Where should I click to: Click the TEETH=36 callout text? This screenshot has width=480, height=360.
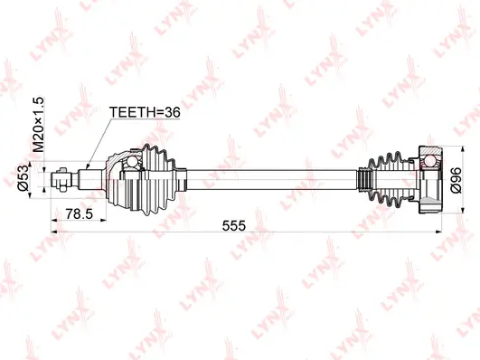coord(145,114)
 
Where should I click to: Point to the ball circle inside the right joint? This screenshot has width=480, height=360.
coord(428,163)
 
